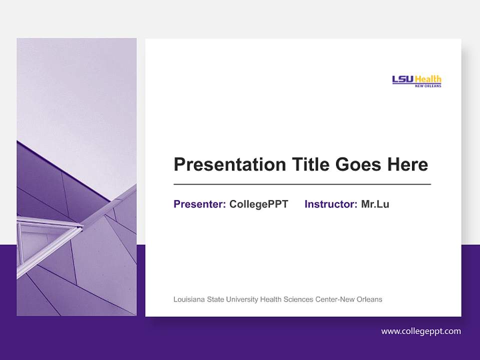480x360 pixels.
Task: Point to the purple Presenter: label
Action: click(x=199, y=204)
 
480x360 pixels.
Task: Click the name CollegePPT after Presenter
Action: click(x=258, y=204)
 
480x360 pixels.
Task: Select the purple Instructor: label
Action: click(x=330, y=204)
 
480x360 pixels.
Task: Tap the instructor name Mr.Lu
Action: click(x=375, y=204)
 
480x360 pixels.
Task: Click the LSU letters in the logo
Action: click(x=402, y=79)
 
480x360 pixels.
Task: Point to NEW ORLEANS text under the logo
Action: click(x=428, y=85)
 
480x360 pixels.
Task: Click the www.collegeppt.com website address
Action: click(x=421, y=331)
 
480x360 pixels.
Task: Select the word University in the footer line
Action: click(x=242, y=299)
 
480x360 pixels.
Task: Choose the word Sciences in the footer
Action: click(x=298, y=299)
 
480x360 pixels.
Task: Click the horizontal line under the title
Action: click(x=302, y=184)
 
